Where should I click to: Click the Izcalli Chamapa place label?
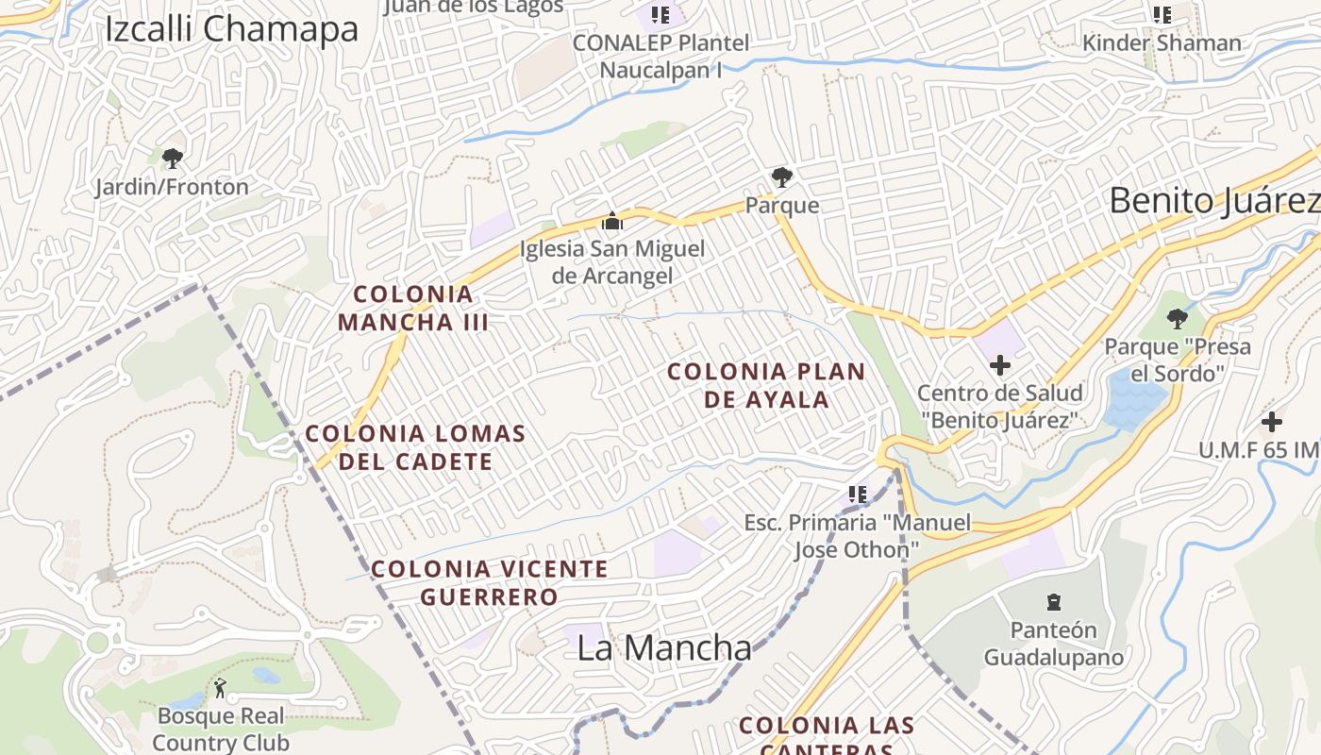click(231, 29)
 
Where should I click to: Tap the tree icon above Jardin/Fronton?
click(172, 158)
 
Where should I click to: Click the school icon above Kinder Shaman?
click(1162, 14)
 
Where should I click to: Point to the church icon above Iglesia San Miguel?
click(612, 222)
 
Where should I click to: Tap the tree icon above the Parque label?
click(781, 176)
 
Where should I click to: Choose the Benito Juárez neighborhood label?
click(1213, 201)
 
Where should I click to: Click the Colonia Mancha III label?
click(413, 309)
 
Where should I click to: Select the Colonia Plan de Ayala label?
click(766, 385)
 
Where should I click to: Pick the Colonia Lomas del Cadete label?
click(415, 447)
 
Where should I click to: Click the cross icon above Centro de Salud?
click(999, 365)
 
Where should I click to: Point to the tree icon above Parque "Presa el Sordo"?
click(1177, 318)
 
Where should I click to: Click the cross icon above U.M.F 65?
click(1272, 422)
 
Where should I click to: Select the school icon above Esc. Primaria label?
click(857, 494)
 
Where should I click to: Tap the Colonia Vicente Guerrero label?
click(489, 582)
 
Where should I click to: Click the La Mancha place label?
click(664, 648)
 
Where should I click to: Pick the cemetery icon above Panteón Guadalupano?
click(1053, 601)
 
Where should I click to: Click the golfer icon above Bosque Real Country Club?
click(220, 688)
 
